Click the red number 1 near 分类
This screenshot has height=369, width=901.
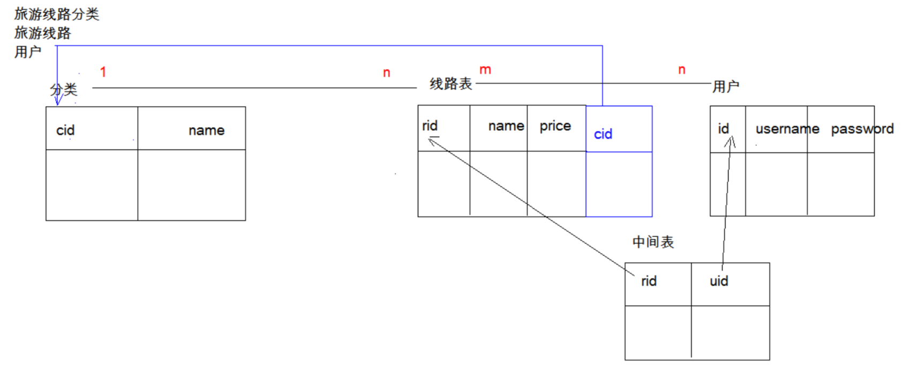coord(103,72)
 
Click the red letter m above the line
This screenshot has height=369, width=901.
coord(485,70)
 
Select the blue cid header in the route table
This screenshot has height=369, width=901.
coord(603,134)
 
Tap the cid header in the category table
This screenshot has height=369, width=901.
coord(65,130)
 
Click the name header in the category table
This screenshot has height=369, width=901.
coord(206,130)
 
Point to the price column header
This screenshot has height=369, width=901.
coord(555,126)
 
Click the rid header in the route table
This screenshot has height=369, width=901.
coord(430,126)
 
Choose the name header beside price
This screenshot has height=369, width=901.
coord(506,126)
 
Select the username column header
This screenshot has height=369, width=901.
coord(787,129)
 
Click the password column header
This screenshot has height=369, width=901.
coord(862,129)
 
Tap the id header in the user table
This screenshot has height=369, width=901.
coord(723,129)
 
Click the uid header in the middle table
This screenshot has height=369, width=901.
coord(719,281)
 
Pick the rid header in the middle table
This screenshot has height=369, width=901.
coord(649,281)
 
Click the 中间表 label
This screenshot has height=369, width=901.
coord(653,242)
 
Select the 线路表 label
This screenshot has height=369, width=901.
coord(450,84)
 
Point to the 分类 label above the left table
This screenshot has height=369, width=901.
coord(64,90)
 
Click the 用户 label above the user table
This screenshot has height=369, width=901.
coord(726,86)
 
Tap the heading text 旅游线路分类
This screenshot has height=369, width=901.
coord(57,14)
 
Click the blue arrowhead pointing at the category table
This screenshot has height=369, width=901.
coord(57,100)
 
